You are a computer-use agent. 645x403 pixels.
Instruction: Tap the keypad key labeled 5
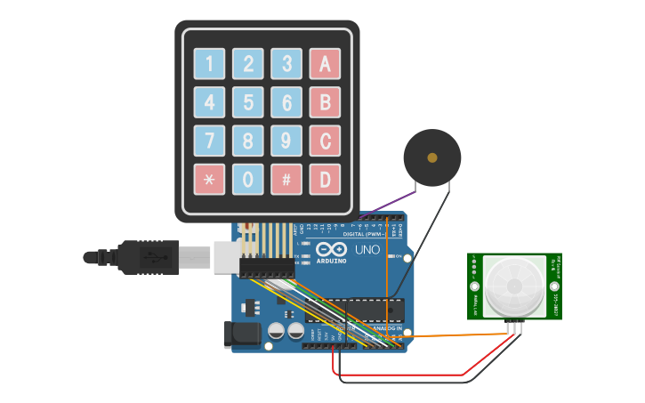(x=248, y=102)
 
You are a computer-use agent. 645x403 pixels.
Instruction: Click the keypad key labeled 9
(x=286, y=141)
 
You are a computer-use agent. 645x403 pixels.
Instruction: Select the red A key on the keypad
(x=325, y=64)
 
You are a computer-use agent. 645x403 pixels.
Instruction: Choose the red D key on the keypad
(x=325, y=180)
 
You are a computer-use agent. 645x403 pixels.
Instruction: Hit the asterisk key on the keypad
(x=210, y=180)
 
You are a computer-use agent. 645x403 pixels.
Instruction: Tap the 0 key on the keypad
(x=248, y=180)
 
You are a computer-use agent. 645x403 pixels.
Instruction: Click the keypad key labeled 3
(x=286, y=64)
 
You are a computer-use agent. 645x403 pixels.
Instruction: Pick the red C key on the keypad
(x=325, y=141)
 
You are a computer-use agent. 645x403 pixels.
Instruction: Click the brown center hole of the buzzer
(x=432, y=157)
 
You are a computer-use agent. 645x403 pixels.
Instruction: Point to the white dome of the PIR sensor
(x=514, y=286)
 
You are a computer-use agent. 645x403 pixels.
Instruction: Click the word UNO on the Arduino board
(x=367, y=250)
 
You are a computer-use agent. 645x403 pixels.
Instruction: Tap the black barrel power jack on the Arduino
(x=241, y=334)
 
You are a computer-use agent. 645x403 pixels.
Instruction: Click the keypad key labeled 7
(x=210, y=141)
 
